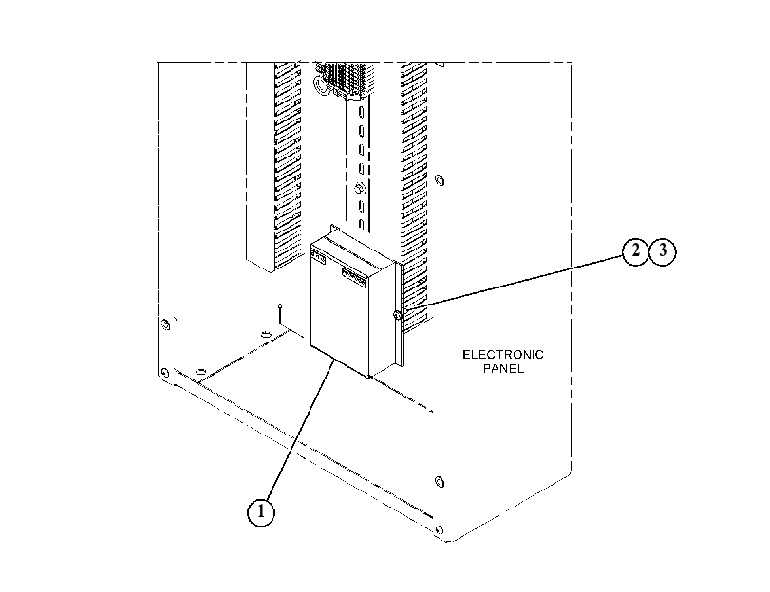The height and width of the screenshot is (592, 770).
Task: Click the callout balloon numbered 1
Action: [260, 512]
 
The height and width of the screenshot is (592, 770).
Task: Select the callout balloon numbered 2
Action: [635, 251]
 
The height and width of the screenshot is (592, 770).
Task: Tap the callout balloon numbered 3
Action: [663, 251]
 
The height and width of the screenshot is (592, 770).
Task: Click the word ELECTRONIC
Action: [503, 355]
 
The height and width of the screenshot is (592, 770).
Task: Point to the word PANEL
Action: [503, 368]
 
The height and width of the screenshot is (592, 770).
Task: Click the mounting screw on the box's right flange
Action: [397, 315]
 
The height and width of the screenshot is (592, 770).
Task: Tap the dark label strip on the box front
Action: [353, 277]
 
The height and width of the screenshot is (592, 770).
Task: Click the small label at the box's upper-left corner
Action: [318, 256]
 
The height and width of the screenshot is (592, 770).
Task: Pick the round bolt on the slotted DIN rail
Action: [359, 188]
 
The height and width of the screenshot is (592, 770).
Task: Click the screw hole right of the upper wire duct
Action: [440, 180]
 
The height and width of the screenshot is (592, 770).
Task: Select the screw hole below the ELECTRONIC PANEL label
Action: [440, 482]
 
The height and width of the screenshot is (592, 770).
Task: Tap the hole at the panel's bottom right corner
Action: [439, 529]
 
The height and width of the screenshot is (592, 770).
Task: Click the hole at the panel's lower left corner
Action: [164, 373]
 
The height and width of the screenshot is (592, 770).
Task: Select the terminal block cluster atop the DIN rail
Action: [344, 79]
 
